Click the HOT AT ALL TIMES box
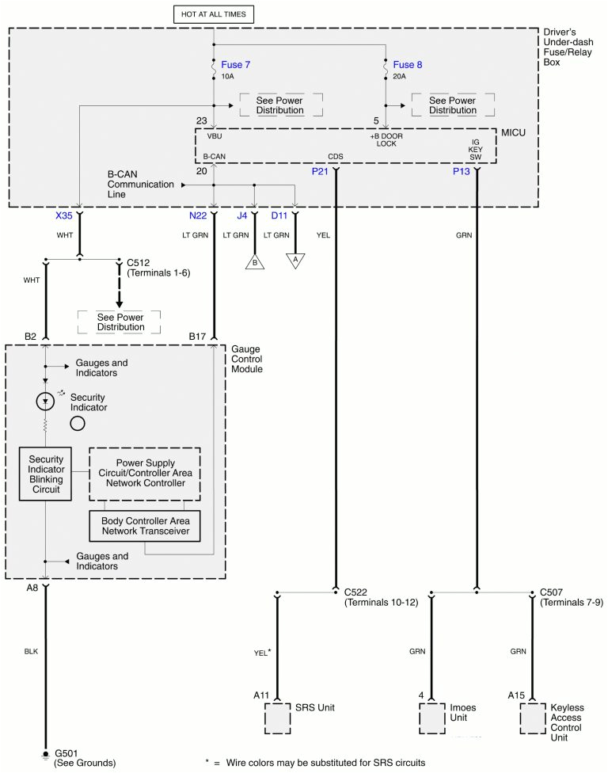point(214,14)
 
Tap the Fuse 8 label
point(408,64)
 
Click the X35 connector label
point(65,215)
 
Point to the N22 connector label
point(198,215)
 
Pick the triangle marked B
point(255,262)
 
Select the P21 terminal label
point(321,171)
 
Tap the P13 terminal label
point(462,171)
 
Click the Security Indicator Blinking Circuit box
point(45,474)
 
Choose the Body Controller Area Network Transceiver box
point(144,526)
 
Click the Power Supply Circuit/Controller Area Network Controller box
point(144,473)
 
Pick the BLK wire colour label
point(31,651)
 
